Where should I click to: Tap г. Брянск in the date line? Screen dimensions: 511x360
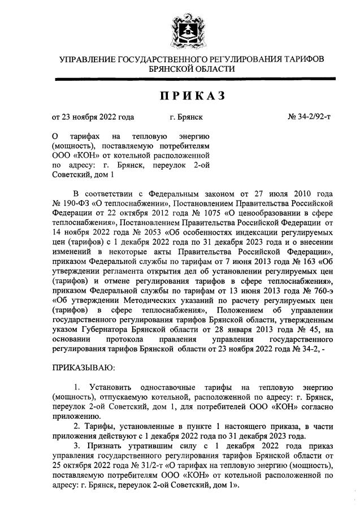(186, 118)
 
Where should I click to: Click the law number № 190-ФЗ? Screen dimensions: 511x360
(71, 202)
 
